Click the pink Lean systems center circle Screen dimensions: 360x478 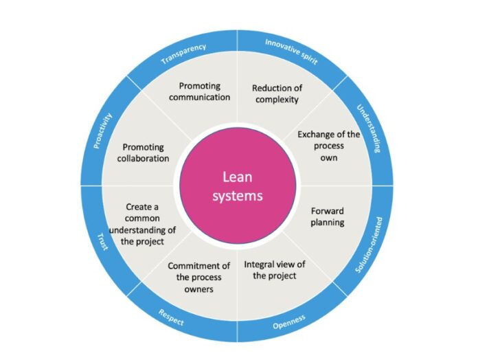click(238, 185)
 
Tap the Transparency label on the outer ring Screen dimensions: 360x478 click(184, 54)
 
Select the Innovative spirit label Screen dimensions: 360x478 click(293, 52)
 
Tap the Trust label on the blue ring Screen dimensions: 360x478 click(102, 241)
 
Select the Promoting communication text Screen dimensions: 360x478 click(204, 92)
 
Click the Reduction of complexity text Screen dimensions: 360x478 click(276, 93)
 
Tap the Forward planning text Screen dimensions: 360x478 click(327, 216)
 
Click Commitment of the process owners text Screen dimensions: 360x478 click(199, 278)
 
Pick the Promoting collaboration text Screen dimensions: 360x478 click(145, 153)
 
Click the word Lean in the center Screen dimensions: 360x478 click(238, 177)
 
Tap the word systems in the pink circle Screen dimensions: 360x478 click(238, 196)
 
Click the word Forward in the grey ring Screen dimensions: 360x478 click(327, 211)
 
